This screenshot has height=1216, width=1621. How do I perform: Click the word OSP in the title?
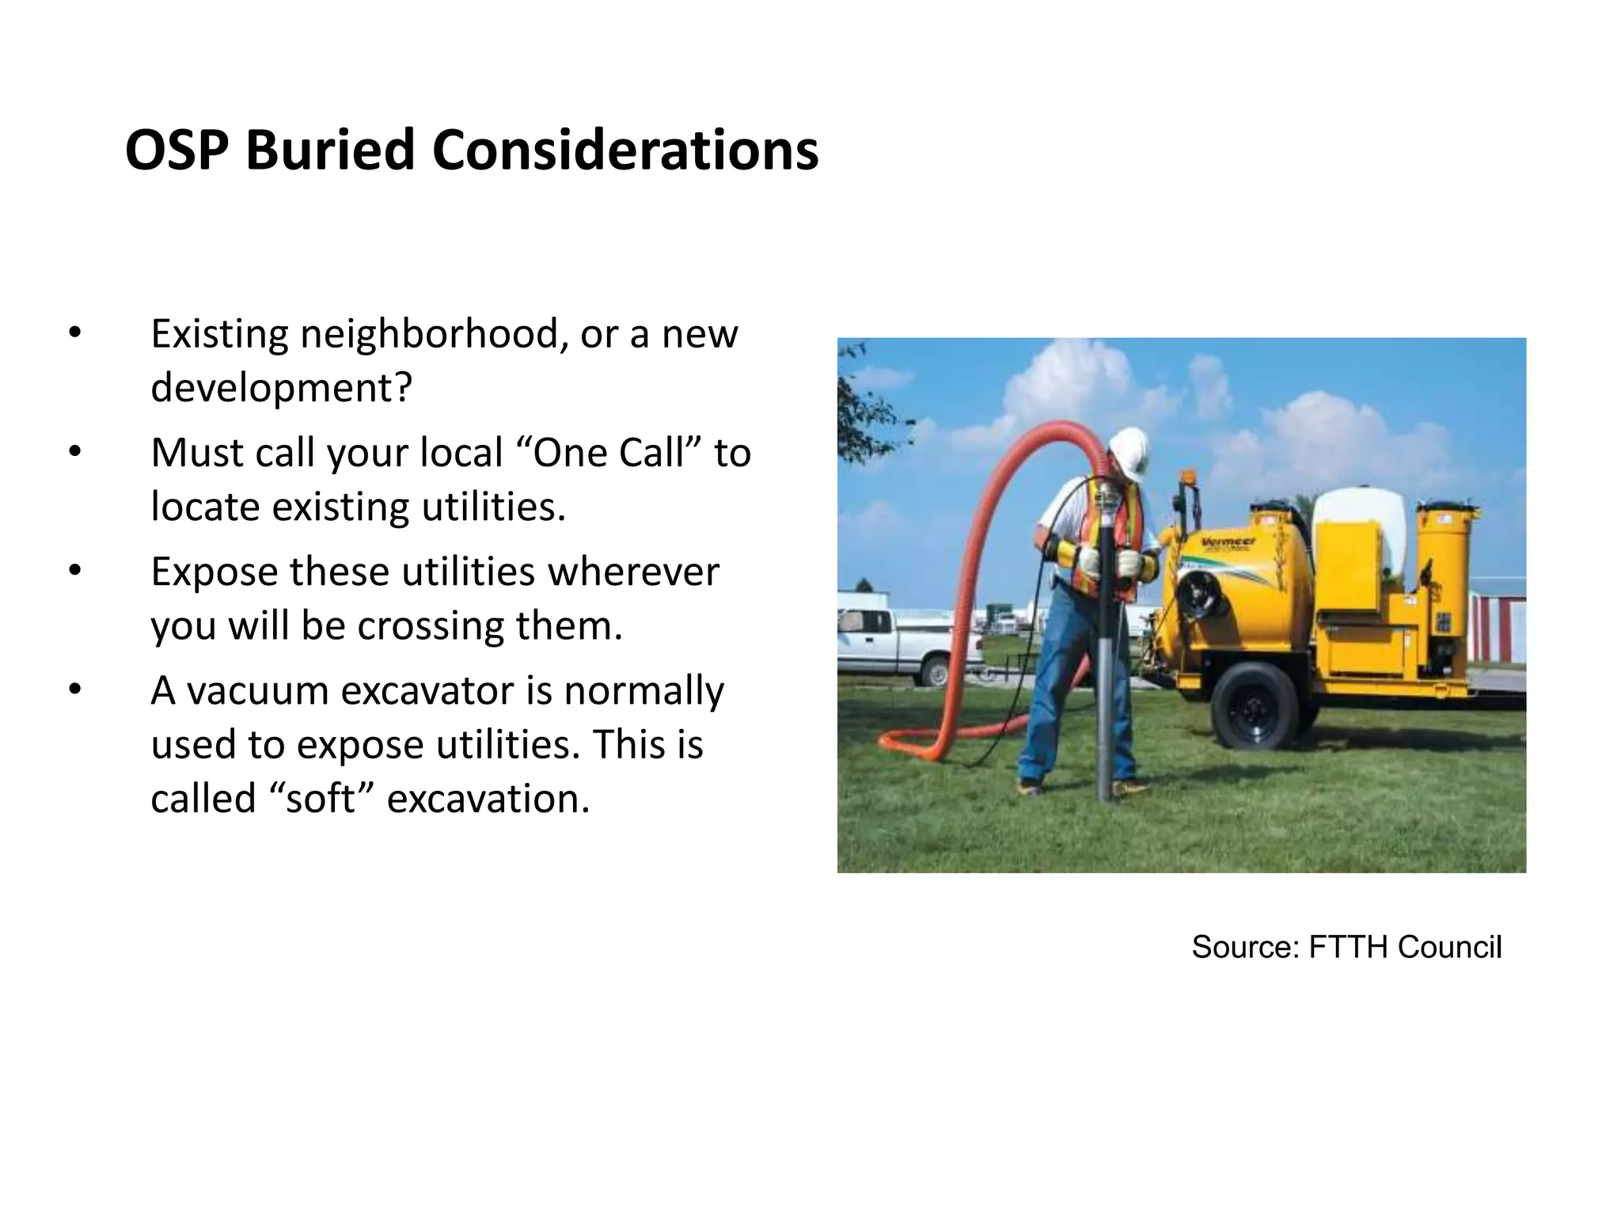point(180,150)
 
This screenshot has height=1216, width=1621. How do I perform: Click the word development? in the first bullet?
point(282,387)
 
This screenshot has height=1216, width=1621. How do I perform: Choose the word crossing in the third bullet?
point(431,625)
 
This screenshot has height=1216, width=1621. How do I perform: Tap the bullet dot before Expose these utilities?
point(74,572)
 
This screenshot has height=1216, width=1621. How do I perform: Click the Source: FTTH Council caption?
point(1346,947)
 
